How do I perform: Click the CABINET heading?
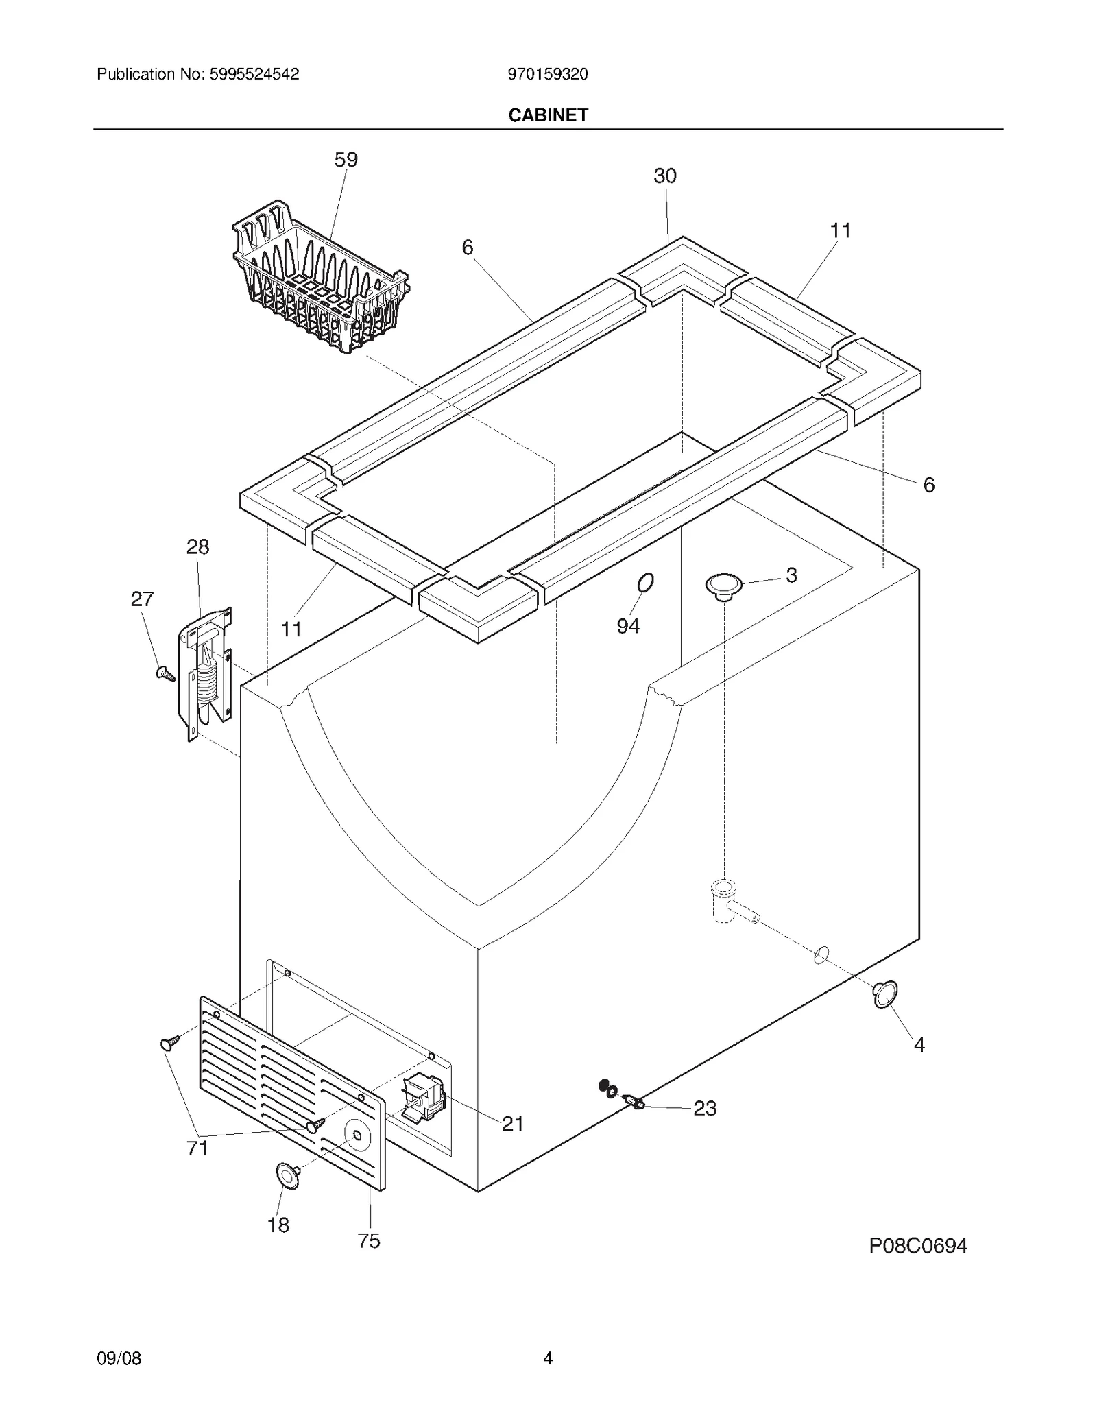pyautogui.click(x=548, y=115)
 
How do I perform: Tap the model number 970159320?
pyautogui.click(x=547, y=75)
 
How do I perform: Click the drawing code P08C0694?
pyautogui.click(x=917, y=1246)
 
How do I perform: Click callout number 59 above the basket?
pyautogui.click(x=346, y=160)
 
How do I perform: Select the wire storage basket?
pyautogui.click(x=320, y=281)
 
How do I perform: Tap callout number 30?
pyautogui.click(x=664, y=176)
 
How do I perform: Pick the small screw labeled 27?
pyautogui.click(x=165, y=673)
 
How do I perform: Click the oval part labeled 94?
pyautogui.click(x=644, y=583)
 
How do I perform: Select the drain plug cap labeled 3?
pyautogui.click(x=724, y=586)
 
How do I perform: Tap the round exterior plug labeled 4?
pyautogui.click(x=884, y=994)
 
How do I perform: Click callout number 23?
pyautogui.click(x=705, y=1109)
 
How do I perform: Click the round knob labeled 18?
pyautogui.click(x=288, y=1175)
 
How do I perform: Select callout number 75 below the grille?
pyautogui.click(x=369, y=1241)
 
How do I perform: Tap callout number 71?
pyautogui.click(x=197, y=1148)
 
